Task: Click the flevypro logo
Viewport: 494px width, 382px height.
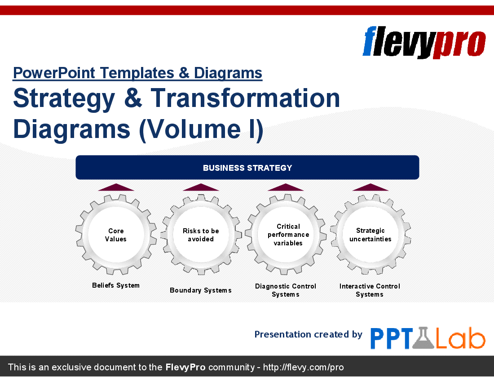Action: [424, 42]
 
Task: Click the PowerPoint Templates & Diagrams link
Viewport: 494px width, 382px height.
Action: [137, 73]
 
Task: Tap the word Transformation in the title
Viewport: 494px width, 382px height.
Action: [245, 98]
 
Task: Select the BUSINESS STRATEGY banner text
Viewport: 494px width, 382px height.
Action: [247, 168]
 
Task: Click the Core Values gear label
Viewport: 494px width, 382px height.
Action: [115, 235]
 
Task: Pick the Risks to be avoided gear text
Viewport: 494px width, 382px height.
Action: [201, 235]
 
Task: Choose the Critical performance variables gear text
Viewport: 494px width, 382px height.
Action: [288, 235]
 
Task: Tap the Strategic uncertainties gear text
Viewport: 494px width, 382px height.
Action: [370, 235]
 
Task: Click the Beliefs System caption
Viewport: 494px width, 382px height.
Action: [115, 285]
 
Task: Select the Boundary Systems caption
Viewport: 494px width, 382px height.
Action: [201, 290]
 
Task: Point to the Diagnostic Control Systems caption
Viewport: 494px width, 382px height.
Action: [286, 290]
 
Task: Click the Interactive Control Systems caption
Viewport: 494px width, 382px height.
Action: [370, 290]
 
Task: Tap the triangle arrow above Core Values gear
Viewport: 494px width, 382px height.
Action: [116, 187]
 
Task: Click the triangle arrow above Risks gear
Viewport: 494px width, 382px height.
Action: [201, 187]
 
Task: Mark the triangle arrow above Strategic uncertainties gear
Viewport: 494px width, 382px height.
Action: [370, 187]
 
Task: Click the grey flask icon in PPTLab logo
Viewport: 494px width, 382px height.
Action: [424, 338]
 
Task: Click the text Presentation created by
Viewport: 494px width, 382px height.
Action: [309, 334]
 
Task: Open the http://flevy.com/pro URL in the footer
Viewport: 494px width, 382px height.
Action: [304, 367]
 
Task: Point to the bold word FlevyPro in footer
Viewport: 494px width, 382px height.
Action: [185, 367]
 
